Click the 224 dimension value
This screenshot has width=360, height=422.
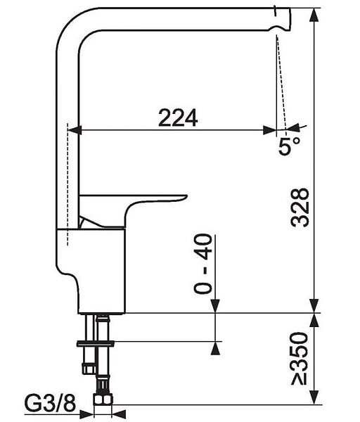(178, 117)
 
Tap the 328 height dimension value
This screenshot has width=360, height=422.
(300, 207)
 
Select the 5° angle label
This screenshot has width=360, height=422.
(289, 146)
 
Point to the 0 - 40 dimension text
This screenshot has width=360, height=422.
(203, 264)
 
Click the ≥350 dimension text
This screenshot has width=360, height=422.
(300, 359)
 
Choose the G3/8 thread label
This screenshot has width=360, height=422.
(51, 404)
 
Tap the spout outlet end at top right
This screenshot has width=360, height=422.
(288, 19)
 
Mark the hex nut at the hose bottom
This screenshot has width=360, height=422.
(103, 399)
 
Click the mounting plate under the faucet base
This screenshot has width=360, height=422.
(96, 343)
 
